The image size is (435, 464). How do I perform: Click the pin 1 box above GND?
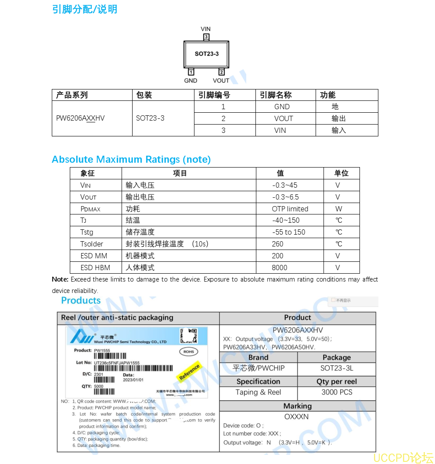click(x=191, y=72)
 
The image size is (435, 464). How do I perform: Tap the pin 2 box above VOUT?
click(x=221, y=72)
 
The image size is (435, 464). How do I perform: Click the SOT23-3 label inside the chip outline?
click(x=206, y=54)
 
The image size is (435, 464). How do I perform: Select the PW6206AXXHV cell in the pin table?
click(x=80, y=118)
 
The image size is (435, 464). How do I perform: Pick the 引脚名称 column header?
click(x=276, y=95)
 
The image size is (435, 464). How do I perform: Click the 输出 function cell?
click(x=339, y=118)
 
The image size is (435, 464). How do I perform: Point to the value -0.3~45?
click(x=284, y=186)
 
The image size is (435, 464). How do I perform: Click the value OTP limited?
click(x=290, y=209)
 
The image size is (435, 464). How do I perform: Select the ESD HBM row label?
click(x=95, y=268)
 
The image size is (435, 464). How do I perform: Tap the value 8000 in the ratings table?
click(x=280, y=268)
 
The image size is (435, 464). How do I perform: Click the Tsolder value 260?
click(x=278, y=244)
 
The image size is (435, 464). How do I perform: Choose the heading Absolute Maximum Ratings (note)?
click(x=131, y=160)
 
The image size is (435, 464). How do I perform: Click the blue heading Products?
click(x=81, y=301)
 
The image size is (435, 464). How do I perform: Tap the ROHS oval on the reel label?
click(x=189, y=352)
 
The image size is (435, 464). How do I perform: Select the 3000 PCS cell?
click(x=337, y=393)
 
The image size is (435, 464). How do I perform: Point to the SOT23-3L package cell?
click(x=337, y=368)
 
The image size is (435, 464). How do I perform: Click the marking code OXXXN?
click(x=297, y=417)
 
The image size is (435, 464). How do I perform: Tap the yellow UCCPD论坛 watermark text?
click(x=403, y=458)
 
